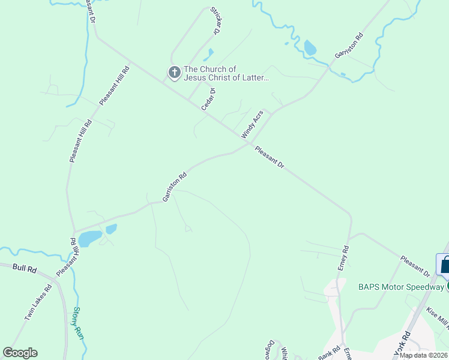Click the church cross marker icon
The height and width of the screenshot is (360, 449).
174,73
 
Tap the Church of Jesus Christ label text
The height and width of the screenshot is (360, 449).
226,73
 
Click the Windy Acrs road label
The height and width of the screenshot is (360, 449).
252,124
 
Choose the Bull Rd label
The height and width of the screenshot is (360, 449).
24,269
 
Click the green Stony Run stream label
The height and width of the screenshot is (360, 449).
79,322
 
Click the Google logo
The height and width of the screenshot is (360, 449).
20,353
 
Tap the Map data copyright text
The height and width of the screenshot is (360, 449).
423,355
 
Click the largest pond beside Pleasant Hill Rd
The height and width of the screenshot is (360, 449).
90,238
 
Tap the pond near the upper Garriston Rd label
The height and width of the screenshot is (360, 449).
310,47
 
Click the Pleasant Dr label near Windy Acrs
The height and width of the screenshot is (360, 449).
268,157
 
